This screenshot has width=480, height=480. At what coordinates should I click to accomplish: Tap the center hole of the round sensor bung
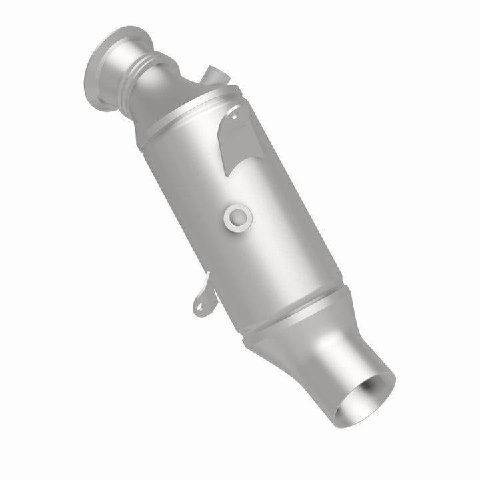tap(237, 215)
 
